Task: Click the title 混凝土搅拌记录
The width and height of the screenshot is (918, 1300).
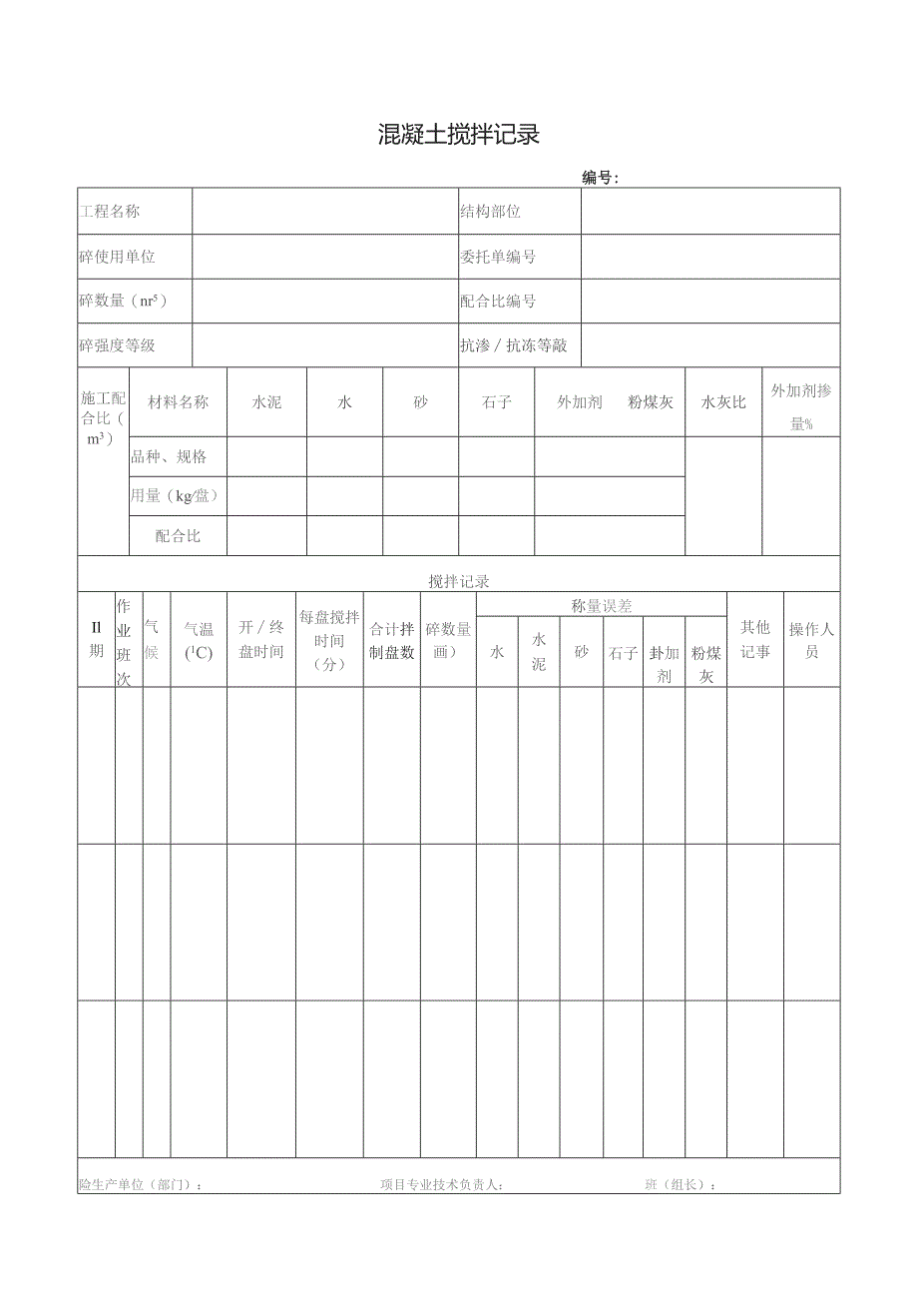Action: [459, 135]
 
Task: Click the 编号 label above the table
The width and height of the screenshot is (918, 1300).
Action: [600, 178]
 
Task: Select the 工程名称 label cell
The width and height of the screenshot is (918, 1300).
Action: [110, 211]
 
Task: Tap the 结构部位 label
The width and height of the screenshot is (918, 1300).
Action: [490, 211]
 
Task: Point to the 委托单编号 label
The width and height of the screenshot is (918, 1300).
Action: [497, 257]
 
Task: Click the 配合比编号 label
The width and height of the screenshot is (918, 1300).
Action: [497, 301]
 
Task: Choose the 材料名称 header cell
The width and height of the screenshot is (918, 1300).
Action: [179, 402]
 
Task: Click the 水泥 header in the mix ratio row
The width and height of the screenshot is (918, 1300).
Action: [266, 402]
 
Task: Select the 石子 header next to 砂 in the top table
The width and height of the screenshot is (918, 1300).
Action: [497, 402]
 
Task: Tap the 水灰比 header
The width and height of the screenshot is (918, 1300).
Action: [722, 402]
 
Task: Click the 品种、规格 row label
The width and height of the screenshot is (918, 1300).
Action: [169, 456]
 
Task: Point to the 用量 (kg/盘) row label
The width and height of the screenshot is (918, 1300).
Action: [175, 495]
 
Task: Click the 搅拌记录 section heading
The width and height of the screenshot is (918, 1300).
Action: [459, 581]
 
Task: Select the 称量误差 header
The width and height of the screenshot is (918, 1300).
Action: [601, 605]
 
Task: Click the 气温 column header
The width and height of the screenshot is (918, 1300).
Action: [199, 640]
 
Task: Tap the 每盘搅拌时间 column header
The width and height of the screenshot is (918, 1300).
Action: [329, 640]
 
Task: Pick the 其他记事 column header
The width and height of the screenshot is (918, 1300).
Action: [754, 639]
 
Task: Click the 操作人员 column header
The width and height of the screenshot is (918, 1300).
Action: [811, 640]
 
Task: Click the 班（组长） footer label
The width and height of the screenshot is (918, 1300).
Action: [681, 1184]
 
